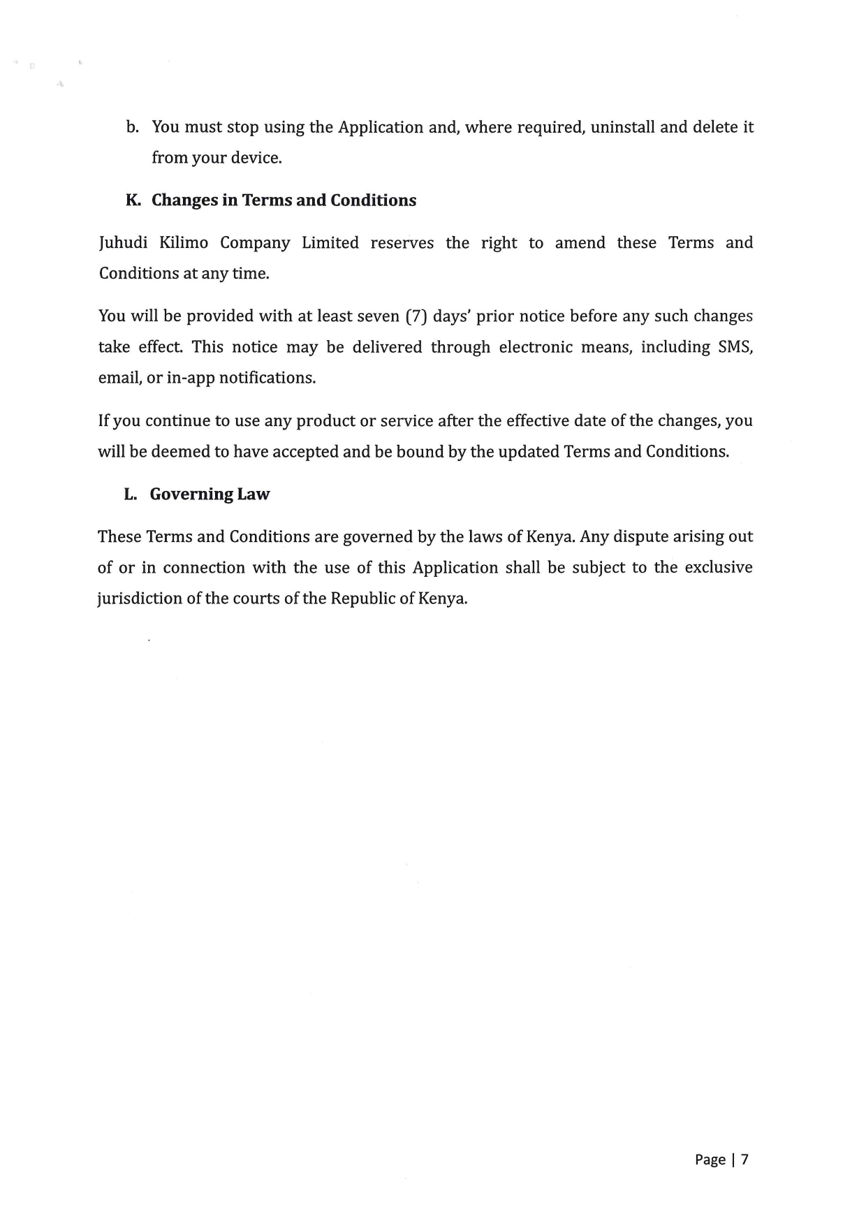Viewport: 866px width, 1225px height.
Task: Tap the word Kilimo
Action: pos(184,243)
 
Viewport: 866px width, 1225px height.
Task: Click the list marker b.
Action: pos(133,127)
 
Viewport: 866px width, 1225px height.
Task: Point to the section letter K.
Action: pos(133,200)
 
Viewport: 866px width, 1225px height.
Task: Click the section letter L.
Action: pos(131,494)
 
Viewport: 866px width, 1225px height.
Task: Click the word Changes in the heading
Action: pos(184,200)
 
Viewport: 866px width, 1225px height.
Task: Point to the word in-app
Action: pos(190,378)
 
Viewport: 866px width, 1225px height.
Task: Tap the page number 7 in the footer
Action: pos(744,1159)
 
